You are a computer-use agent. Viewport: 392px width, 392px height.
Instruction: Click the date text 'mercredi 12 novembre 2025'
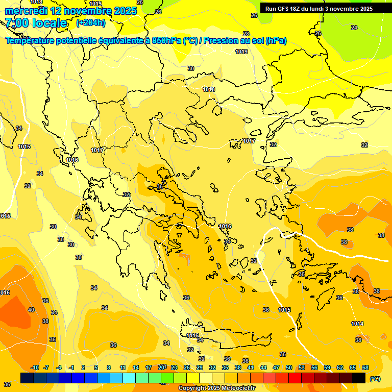(70, 11)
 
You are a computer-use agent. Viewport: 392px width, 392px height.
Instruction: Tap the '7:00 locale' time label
(36, 23)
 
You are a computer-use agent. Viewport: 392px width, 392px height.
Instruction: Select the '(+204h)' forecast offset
(91, 23)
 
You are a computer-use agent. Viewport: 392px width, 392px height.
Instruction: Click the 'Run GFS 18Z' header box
(319, 8)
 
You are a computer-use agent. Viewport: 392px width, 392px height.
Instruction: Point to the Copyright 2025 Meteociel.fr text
(216, 388)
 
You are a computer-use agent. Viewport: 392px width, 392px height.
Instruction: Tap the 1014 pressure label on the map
(357, 324)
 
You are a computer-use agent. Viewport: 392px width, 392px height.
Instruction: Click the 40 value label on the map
(31, 310)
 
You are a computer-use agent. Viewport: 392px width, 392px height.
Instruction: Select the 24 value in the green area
(354, 28)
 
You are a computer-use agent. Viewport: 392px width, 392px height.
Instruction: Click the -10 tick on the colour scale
(35, 367)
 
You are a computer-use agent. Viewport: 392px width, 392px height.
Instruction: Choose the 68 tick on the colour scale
(365, 367)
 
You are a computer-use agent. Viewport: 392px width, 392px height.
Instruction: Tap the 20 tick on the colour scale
(161, 367)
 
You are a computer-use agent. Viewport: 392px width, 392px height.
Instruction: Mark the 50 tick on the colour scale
(289, 367)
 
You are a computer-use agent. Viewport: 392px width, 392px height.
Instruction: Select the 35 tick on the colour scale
(225, 367)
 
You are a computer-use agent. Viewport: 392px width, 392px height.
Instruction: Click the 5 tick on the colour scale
(96, 367)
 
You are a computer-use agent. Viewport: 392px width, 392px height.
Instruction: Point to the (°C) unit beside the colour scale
(375, 379)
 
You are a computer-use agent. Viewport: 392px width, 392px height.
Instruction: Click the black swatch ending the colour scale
(359, 378)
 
